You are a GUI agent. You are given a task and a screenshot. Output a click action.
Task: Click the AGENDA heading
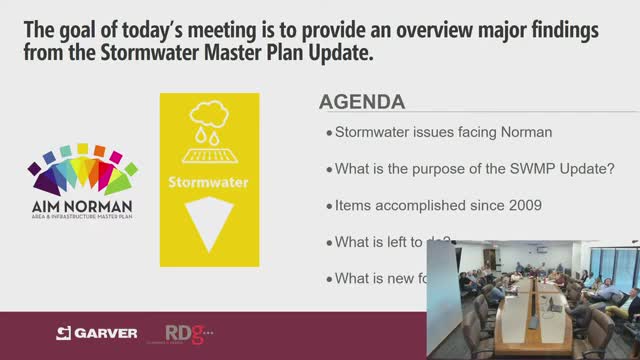(x=361, y=103)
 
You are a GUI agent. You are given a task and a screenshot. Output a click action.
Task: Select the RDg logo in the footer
(x=184, y=331)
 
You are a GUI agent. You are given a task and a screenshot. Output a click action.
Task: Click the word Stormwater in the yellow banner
(x=209, y=183)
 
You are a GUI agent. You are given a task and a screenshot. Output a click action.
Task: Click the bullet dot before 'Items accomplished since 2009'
(x=328, y=206)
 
